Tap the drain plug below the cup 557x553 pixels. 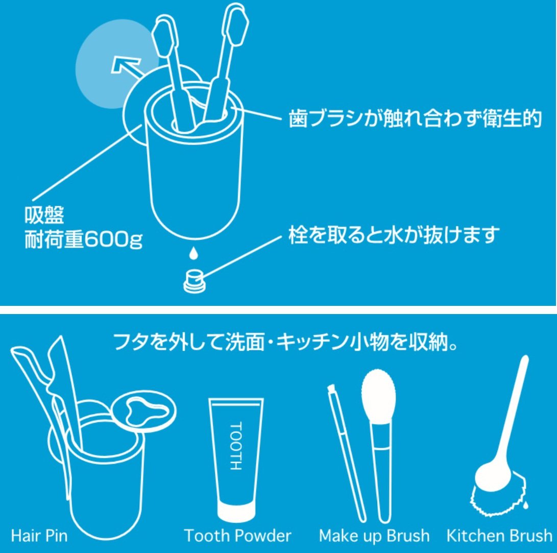pyautogui.click(x=193, y=281)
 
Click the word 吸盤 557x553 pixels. pyautogui.click(x=44, y=214)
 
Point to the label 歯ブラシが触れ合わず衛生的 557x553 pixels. pyautogui.click(x=415, y=118)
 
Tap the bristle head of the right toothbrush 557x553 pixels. pyautogui.click(x=235, y=24)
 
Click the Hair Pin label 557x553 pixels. pyautogui.click(x=39, y=536)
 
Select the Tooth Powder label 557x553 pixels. pyautogui.click(x=237, y=536)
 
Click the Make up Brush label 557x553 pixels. pyautogui.click(x=374, y=536)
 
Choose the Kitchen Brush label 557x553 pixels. pyautogui.click(x=499, y=536)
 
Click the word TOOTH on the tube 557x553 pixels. pyautogui.click(x=236, y=446)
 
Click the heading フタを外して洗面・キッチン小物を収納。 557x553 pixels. pyautogui.click(x=285, y=342)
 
